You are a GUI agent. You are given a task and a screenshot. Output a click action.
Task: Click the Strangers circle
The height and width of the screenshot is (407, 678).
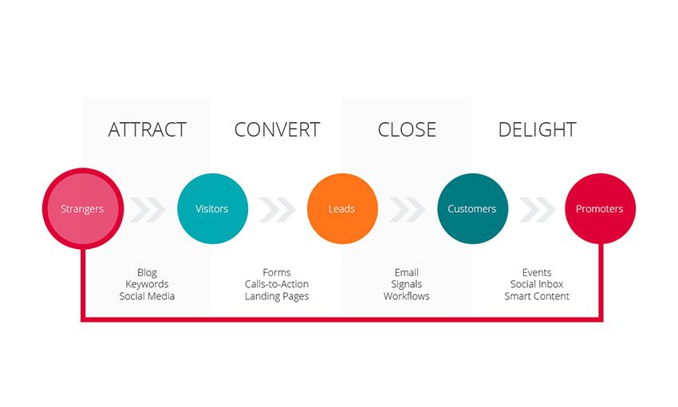[x=83, y=208]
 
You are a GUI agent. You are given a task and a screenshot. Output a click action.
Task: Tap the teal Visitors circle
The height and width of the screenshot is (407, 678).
[x=212, y=208]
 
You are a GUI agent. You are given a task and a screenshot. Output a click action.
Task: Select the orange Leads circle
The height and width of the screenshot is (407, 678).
[x=342, y=208]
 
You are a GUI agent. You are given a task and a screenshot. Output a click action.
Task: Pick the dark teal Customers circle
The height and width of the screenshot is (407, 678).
[x=473, y=208]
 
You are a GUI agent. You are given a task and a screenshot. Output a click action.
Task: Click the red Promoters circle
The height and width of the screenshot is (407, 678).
[x=600, y=208]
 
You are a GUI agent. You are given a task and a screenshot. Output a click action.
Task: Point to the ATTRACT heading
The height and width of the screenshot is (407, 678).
[x=147, y=129]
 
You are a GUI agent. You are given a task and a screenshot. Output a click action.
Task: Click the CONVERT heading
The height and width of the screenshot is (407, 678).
[x=277, y=129]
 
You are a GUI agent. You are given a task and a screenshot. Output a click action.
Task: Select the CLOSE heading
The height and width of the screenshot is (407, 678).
[x=407, y=129]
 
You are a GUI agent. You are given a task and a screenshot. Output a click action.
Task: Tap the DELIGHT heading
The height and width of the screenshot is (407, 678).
[x=537, y=129]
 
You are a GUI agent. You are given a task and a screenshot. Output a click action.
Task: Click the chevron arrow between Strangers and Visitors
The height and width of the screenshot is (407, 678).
[x=148, y=210]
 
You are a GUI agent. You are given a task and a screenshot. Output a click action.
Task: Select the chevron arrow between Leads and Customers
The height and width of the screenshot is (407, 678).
[x=408, y=210]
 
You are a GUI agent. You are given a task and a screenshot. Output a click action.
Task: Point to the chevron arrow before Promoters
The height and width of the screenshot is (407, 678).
[x=538, y=210]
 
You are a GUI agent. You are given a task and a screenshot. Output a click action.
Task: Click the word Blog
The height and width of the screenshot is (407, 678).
[x=147, y=272]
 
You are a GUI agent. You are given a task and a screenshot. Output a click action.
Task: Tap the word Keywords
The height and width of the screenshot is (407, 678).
[x=147, y=284]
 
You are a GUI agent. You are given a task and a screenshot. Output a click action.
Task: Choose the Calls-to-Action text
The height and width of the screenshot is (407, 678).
[x=277, y=284]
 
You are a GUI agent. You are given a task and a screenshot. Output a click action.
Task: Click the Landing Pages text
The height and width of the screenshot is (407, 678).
[x=277, y=296]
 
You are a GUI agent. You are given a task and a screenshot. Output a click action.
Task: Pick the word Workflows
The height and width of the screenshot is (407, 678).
[x=407, y=296]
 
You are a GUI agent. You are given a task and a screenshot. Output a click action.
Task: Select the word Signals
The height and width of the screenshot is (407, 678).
[x=407, y=285]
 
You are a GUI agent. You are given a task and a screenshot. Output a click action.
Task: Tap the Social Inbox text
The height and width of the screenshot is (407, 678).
[x=537, y=284]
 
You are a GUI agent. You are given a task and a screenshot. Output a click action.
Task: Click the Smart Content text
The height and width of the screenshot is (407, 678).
[x=537, y=296]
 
